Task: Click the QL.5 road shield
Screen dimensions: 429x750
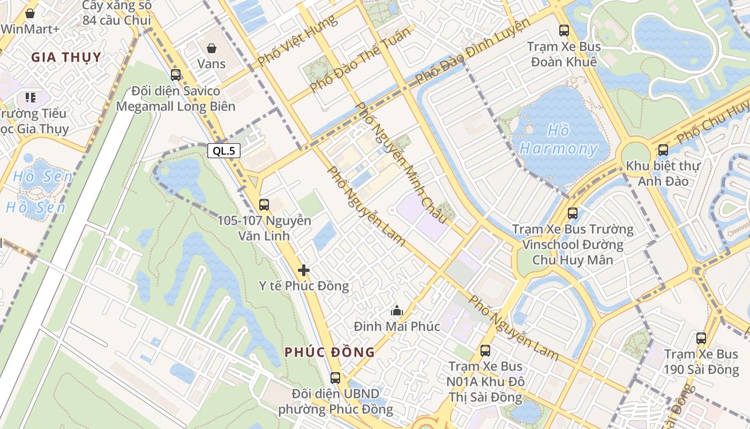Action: click(224, 151)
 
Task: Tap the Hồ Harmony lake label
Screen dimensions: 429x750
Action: click(558, 140)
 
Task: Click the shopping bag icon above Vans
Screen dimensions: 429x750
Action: click(212, 48)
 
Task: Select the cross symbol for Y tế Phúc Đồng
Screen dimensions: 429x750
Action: click(304, 270)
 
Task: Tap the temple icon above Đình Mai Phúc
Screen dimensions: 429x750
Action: click(397, 310)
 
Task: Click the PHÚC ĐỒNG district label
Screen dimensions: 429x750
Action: click(329, 352)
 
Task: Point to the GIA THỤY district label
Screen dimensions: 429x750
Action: click(66, 57)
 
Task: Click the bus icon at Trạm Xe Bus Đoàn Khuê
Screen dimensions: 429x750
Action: click(564, 31)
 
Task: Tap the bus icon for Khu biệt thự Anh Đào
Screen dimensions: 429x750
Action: click(663, 150)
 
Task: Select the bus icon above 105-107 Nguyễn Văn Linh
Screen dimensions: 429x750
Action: click(264, 204)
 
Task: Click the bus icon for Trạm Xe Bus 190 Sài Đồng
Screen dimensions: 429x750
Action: click(701, 338)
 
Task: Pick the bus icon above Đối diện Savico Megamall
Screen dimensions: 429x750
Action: click(176, 75)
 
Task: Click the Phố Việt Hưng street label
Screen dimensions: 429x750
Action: click(297, 41)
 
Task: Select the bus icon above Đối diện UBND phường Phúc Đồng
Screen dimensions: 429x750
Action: click(335, 378)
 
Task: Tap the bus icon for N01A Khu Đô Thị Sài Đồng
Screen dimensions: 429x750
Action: click(485, 351)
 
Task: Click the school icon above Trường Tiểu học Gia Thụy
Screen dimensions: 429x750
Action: click(30, 98)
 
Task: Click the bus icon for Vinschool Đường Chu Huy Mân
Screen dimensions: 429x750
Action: click(573, 213)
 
